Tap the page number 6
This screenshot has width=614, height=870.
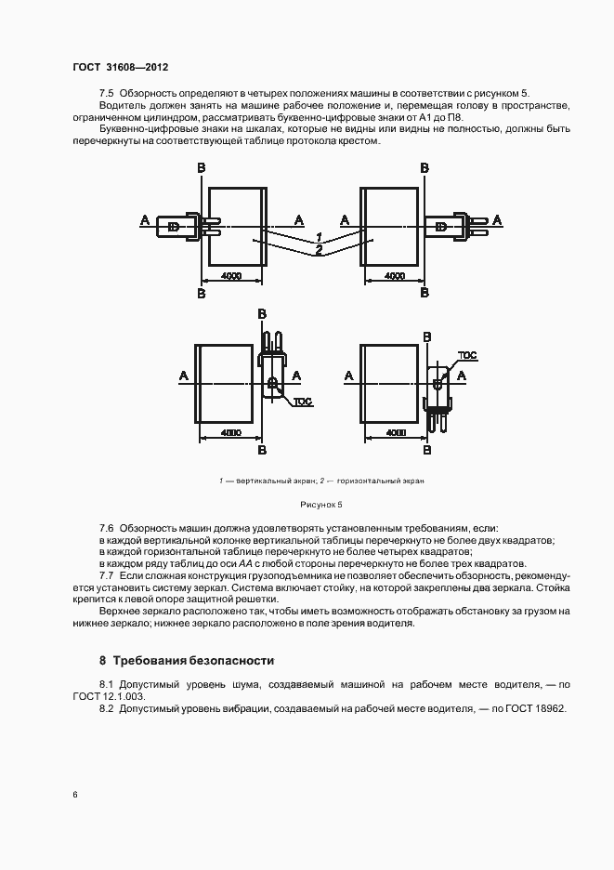coord(75,794)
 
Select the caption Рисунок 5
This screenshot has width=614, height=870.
coord(320,504)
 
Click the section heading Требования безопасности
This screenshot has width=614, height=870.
coord(193,661)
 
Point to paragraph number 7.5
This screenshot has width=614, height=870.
coord(106,94)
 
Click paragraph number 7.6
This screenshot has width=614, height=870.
coord(106,527)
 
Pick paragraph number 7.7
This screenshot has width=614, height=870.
coord(106,575)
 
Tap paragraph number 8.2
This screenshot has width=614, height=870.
coord(106,708)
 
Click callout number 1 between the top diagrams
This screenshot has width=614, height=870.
coord(318,237)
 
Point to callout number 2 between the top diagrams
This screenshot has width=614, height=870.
coord(318,250)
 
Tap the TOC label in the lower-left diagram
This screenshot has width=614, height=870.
coord(303,402)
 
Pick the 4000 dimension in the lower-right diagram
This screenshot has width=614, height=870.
coord(396,433)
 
